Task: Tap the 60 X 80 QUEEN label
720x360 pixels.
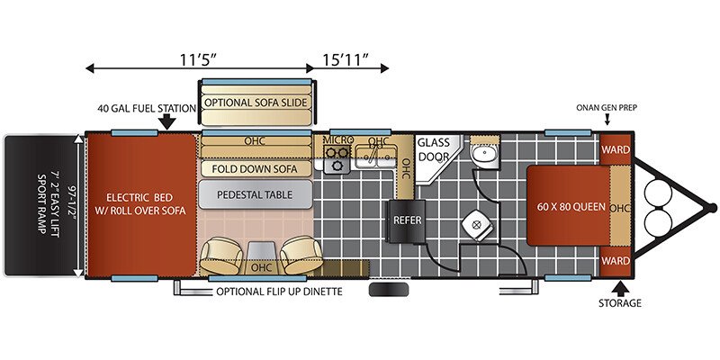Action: [x=571, y=207]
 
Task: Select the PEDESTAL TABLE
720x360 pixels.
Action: [x=256, y=194]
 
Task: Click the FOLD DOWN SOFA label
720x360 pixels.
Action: [x=255, y=169]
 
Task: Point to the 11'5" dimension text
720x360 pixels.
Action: [x=198, y=58]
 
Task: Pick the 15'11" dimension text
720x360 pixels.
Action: [x=346, y=58]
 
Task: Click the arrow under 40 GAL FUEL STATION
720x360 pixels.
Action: [x=168, y=121]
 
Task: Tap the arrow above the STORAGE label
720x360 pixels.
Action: [x=620, y=288]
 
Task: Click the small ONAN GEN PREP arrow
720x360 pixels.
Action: [x=607, y=120]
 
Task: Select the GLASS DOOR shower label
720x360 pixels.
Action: [x=434, y=149]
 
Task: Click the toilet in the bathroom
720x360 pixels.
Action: [x=477, y=228]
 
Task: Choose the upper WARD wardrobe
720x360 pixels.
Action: [x=616, y=149]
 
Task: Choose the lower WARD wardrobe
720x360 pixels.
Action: [x=616, y=261]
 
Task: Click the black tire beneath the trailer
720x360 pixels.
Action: [x=389, y=290]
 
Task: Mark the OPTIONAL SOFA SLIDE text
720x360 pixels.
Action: [x=256, y=103]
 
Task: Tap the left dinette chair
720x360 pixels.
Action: [x=221, y=256]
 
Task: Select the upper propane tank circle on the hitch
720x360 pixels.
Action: [x=658, y=193]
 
